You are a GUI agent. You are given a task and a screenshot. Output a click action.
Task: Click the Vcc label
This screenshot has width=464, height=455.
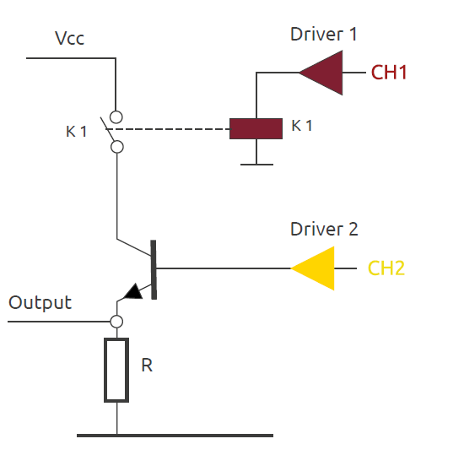click(x=69, y=38)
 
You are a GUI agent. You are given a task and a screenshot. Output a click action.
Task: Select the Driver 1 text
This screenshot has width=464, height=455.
click(x=323, y=34)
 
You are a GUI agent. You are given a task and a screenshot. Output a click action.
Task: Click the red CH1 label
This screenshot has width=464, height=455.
click(x=389, y=73)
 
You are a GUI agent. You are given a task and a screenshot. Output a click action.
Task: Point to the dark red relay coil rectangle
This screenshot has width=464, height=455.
click(x=256, y=128)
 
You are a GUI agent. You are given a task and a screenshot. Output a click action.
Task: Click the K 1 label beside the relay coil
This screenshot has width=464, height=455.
click(x=301, y=126)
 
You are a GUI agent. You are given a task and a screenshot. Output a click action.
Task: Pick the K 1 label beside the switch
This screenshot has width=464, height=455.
click(x=76, y=132)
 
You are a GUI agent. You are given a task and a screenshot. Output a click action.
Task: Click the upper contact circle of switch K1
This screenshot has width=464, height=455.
click(x=116, y=117)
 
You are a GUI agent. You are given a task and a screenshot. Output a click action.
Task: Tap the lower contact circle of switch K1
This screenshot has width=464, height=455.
click(x=117, y=147)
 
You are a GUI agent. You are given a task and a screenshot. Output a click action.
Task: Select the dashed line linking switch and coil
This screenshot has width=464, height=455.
click(x=168, y=129)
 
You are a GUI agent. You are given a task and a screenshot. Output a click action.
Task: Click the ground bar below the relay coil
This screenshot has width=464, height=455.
click(x=256, y=165)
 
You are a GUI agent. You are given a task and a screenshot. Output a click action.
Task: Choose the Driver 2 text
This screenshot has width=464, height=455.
click(x=324, y=229)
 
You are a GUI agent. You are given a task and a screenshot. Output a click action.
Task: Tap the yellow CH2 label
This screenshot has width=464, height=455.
click(x=386, y=268)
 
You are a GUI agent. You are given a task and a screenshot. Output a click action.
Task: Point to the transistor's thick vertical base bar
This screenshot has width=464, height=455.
click(x=154, y=269)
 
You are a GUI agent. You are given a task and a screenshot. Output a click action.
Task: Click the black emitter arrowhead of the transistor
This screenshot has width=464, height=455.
click(x=133, y=292)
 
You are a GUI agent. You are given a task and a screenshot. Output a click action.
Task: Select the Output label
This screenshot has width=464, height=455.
click(x=40, y=302)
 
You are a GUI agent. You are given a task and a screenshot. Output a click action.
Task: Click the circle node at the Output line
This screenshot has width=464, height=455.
click(x=116, y=322)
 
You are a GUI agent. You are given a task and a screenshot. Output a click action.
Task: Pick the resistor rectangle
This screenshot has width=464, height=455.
click(x=116, y=370)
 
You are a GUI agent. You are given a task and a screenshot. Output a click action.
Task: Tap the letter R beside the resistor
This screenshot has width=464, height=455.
click(x=147, y=366)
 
